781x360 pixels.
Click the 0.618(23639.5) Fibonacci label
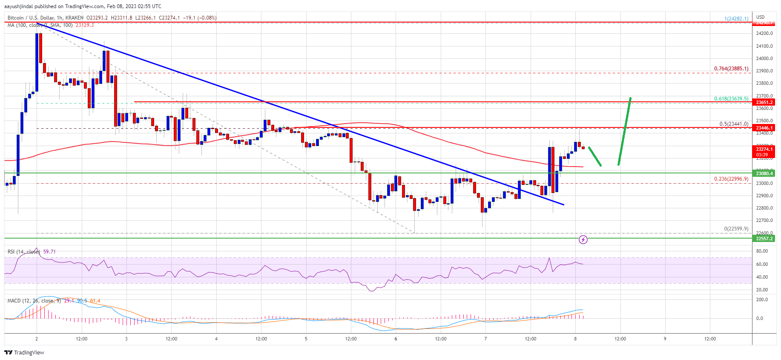[731, 99]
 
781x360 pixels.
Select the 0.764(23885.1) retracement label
[731, 69]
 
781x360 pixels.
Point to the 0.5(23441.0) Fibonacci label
[733, 124]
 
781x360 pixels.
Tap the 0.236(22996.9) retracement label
[731, 179]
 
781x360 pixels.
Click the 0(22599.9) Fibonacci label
[736, 229]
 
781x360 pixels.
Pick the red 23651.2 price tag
[764, 102]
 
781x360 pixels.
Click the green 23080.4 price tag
[764, 173]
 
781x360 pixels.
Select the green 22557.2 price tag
[764, 239]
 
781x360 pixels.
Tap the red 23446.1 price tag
[764, 128]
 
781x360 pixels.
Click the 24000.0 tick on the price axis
[764, 58]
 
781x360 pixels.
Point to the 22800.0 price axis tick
[764, 208]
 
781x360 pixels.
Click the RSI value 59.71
[49, 252]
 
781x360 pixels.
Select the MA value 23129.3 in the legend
[85, 25]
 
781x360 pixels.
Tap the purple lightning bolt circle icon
[583, 240]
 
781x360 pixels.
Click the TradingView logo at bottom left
[24, 352]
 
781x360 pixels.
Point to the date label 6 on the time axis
[396, 339]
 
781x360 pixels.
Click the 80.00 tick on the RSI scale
[762, 251]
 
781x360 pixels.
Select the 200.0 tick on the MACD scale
[762, 300]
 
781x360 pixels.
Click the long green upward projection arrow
[624, 131]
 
